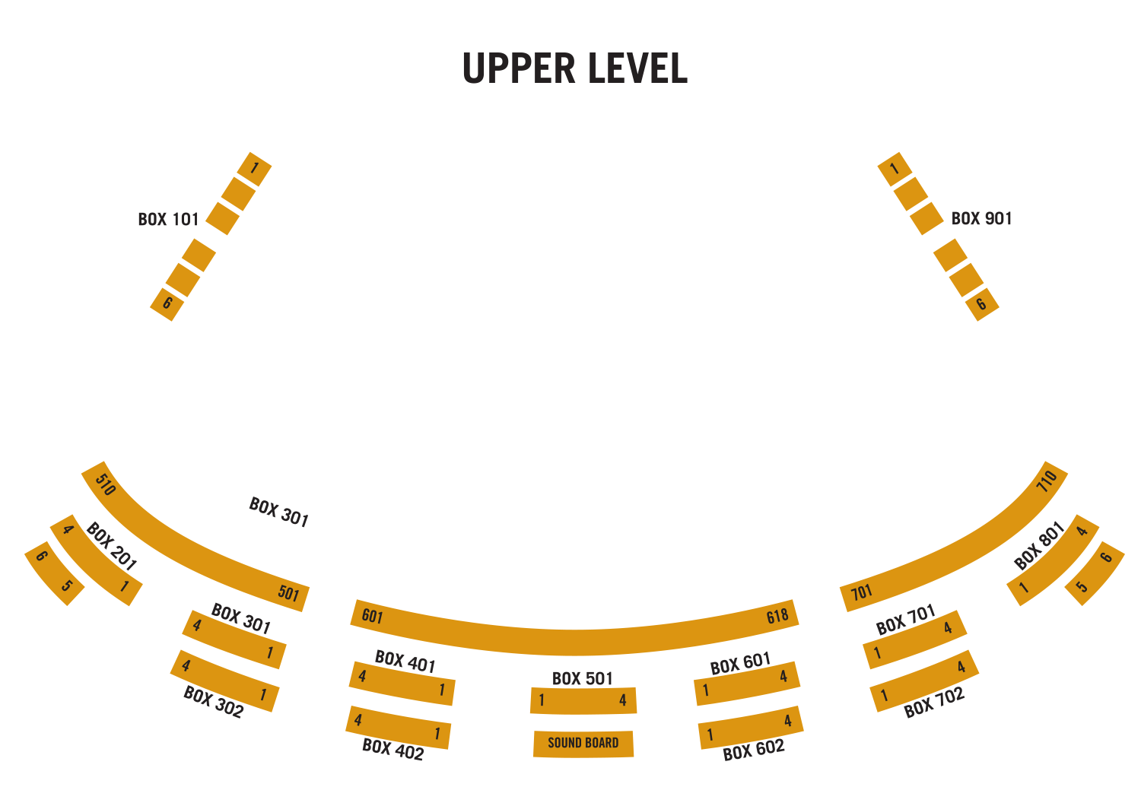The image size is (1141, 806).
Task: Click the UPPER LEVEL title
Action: (574, 68)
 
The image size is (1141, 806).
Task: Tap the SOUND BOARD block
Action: (583, 743)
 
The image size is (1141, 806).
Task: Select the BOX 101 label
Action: (168, 220)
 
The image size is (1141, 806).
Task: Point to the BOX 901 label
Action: (981, 219)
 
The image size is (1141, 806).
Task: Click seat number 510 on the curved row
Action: (105, 484)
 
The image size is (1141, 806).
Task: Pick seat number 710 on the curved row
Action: (1047, 481)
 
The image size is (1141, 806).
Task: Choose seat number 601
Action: (372, 616)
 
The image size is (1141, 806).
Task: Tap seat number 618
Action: (777, 616)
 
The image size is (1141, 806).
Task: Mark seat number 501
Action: (289, 593)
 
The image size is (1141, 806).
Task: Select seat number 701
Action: (861, 592)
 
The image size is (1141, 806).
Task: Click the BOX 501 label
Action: (582, 678)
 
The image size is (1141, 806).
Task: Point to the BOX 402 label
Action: (393, 750)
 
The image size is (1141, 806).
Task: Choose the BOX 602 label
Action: (753, 750)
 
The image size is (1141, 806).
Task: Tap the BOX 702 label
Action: (934, 703)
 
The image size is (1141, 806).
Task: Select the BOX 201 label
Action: (111, 547)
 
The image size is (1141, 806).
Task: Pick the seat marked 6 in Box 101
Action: (167, 304)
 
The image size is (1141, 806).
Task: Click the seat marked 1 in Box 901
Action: (895, 168)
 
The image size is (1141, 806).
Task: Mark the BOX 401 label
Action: (405, 662)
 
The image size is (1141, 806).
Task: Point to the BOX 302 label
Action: (214, 703)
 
